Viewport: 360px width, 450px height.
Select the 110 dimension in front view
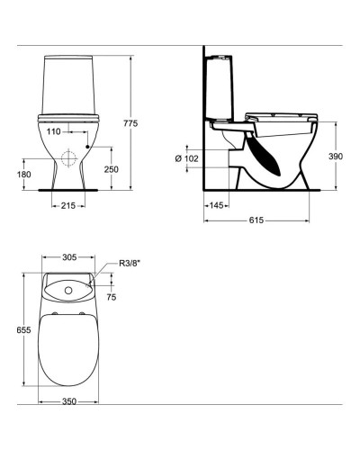click(54, 131)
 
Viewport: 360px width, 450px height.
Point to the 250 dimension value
click(110, 169)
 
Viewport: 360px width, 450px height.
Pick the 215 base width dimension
click(67, 205)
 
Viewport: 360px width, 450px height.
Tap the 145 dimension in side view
click(216, 206)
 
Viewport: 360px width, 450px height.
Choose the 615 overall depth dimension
click(256, 220)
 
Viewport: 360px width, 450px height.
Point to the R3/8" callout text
click(132, 264)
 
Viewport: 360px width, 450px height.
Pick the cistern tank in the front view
click(67, 85)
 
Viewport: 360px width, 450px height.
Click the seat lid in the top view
click(67, 355)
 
